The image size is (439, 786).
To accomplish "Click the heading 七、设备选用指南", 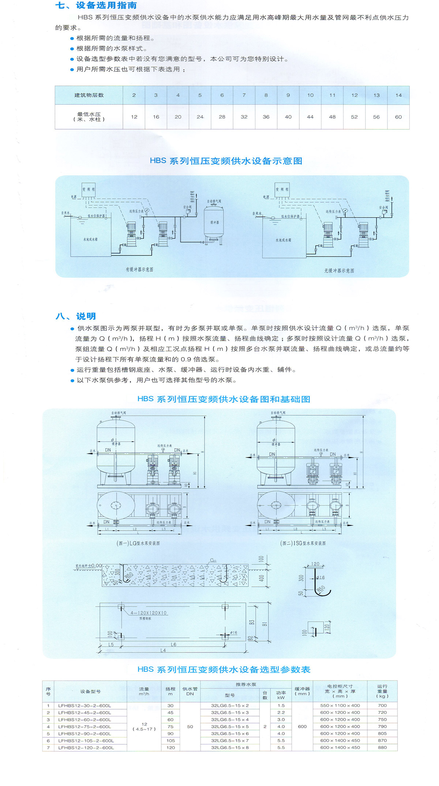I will [96, 5].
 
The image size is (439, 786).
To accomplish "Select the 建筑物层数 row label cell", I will [89, 96].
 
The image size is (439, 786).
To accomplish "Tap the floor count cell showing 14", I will [398, 96].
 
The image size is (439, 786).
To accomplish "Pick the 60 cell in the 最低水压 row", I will [398, 117].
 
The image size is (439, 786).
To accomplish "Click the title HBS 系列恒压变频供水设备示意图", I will [226, 161].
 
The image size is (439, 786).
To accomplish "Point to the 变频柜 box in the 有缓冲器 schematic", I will [89, 190].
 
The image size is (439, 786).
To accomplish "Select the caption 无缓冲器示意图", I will [339, 271].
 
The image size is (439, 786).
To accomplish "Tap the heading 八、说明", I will [76, 316].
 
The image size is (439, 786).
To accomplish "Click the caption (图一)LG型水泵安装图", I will [138, 543].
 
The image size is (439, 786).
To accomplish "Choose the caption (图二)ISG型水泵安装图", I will [303, 543].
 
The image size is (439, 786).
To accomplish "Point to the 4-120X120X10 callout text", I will [148, 613].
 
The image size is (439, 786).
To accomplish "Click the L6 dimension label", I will [173, 644].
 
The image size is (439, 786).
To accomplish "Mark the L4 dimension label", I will [163, 650].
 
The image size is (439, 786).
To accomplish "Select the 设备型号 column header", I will [90, 691].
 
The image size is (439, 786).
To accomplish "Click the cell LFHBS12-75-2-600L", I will [85, 726].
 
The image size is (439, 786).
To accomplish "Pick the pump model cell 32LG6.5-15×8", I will [230, 748].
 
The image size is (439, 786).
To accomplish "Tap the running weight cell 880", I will [382, 748].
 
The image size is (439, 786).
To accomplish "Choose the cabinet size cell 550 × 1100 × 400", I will [340, 705].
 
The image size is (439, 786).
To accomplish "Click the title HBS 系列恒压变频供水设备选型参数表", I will [224, 670].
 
